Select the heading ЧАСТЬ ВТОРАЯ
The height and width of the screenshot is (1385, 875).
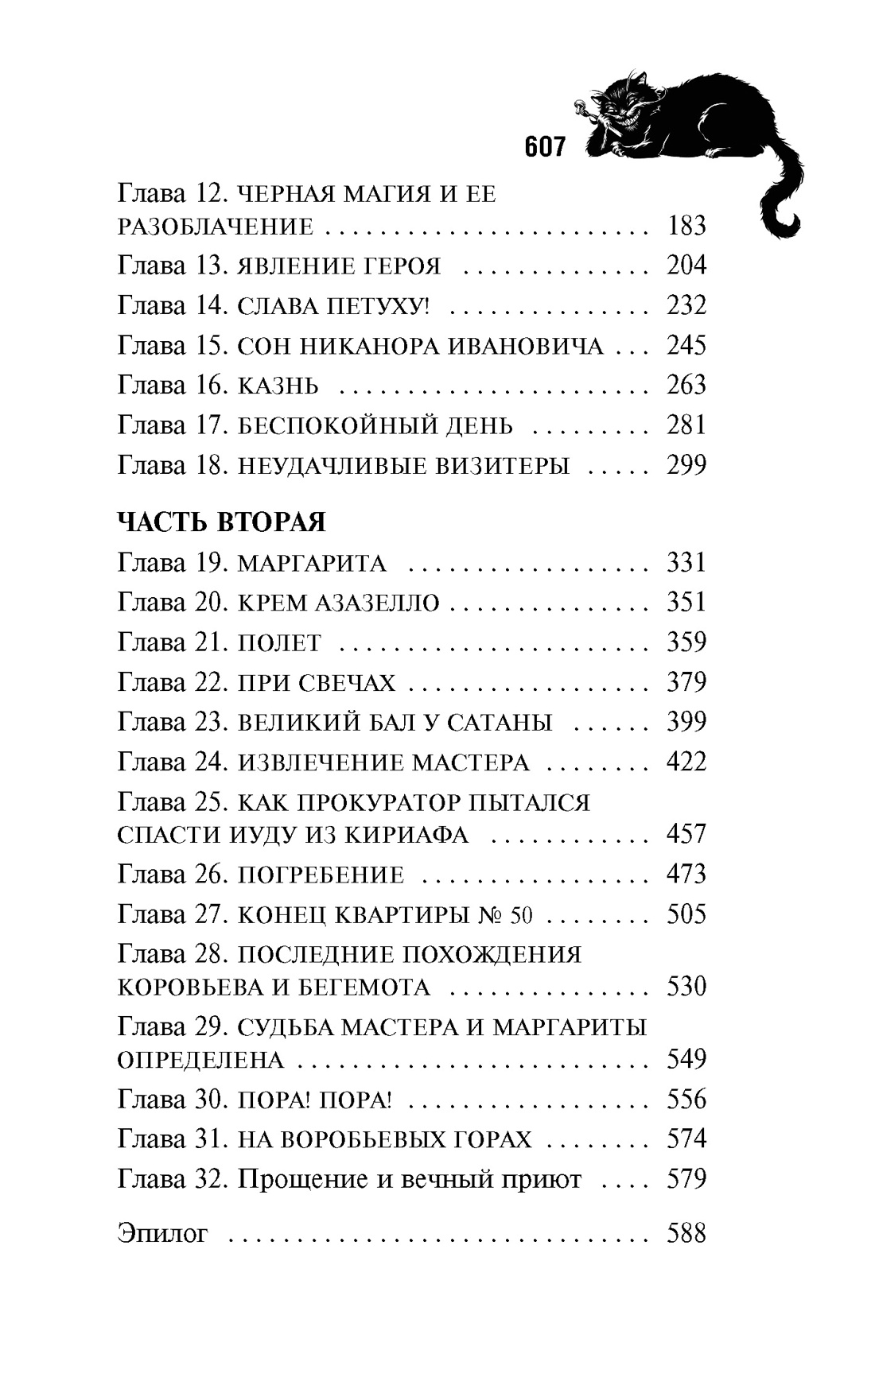click(x=221, y=522)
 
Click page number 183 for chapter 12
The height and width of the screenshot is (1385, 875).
click(x=686, y=227)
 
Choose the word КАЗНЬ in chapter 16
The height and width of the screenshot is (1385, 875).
click(x=278, y=386)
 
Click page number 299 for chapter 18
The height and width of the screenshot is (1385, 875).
click(x=686, y=465)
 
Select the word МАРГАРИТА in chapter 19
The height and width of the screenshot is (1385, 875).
click(x=312, y=564)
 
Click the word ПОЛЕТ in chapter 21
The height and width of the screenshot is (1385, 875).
click(x=280, y=643)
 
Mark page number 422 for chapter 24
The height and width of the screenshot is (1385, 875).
click(x=686, y=762)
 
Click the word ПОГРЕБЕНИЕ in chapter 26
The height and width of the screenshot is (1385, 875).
click(x=321, y=875)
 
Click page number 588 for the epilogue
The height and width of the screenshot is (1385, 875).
click(x=686, y=1234)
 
